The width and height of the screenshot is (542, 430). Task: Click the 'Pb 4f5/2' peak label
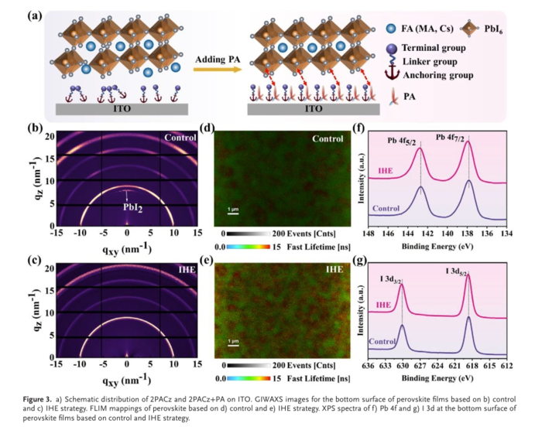[407, 142]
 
